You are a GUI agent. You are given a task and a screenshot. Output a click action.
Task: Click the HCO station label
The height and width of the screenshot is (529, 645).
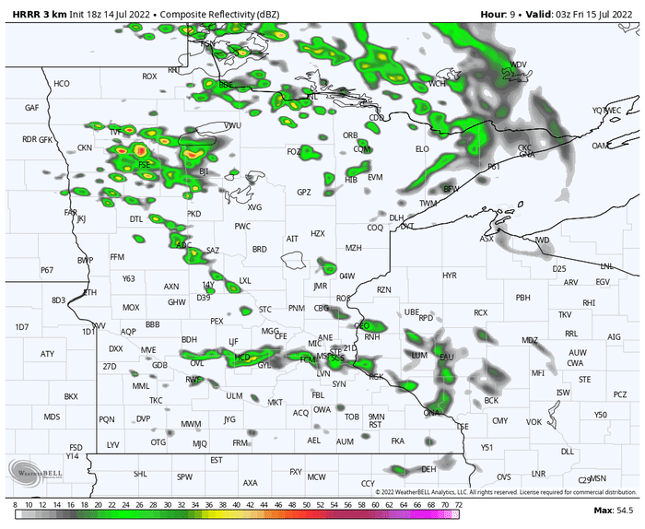tap(62, 84)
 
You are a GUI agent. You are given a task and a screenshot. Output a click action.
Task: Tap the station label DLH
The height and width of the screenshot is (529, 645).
tap(396, 217)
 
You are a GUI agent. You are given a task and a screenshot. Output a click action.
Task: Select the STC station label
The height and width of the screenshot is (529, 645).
tap(265, 309)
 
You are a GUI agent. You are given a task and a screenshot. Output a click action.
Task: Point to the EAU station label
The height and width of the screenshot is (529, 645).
tap(447, 357)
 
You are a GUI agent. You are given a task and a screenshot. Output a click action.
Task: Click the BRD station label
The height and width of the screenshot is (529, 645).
tap(260, 249)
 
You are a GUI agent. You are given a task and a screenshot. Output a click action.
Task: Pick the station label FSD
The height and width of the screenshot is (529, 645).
tap(76, 447)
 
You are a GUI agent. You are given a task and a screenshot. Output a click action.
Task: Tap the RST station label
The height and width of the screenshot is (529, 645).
tap(375, 425)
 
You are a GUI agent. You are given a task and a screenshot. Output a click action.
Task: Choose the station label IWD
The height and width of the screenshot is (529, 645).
tap(542, 241)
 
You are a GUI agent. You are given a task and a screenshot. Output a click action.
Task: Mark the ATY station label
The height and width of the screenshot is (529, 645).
tap(48, 354)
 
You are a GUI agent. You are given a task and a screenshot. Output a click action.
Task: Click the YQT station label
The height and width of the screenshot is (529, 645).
tap(601, 111)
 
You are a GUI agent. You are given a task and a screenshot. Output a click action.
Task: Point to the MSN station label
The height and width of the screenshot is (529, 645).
tap(599, 478)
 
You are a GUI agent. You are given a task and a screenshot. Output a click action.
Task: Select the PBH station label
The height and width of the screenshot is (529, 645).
tap(523, 298)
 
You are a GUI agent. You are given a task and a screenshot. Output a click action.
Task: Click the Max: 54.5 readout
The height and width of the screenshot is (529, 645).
tap(612, 510)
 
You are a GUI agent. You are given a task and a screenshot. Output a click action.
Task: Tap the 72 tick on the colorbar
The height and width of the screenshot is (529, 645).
tap(458, 505)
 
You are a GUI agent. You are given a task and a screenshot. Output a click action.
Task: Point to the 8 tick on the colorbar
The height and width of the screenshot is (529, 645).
tap(16, 505)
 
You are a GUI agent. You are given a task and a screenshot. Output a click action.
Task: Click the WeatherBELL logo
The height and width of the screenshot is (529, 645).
tap(35, 470)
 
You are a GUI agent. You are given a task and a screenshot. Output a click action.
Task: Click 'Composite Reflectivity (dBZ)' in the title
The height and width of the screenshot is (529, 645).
tap(217, 14)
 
